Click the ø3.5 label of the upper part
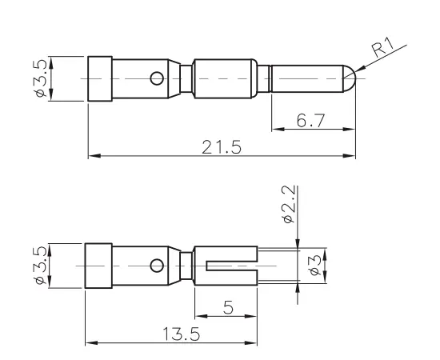point(42,78)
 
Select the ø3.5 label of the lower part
point(42,265)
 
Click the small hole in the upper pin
point(158,78)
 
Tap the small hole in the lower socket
point(158,265)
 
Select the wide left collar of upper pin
point(99,78)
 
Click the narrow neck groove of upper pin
point(186,78)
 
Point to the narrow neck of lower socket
point(186,265)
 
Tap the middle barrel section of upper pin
point(225,78)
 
